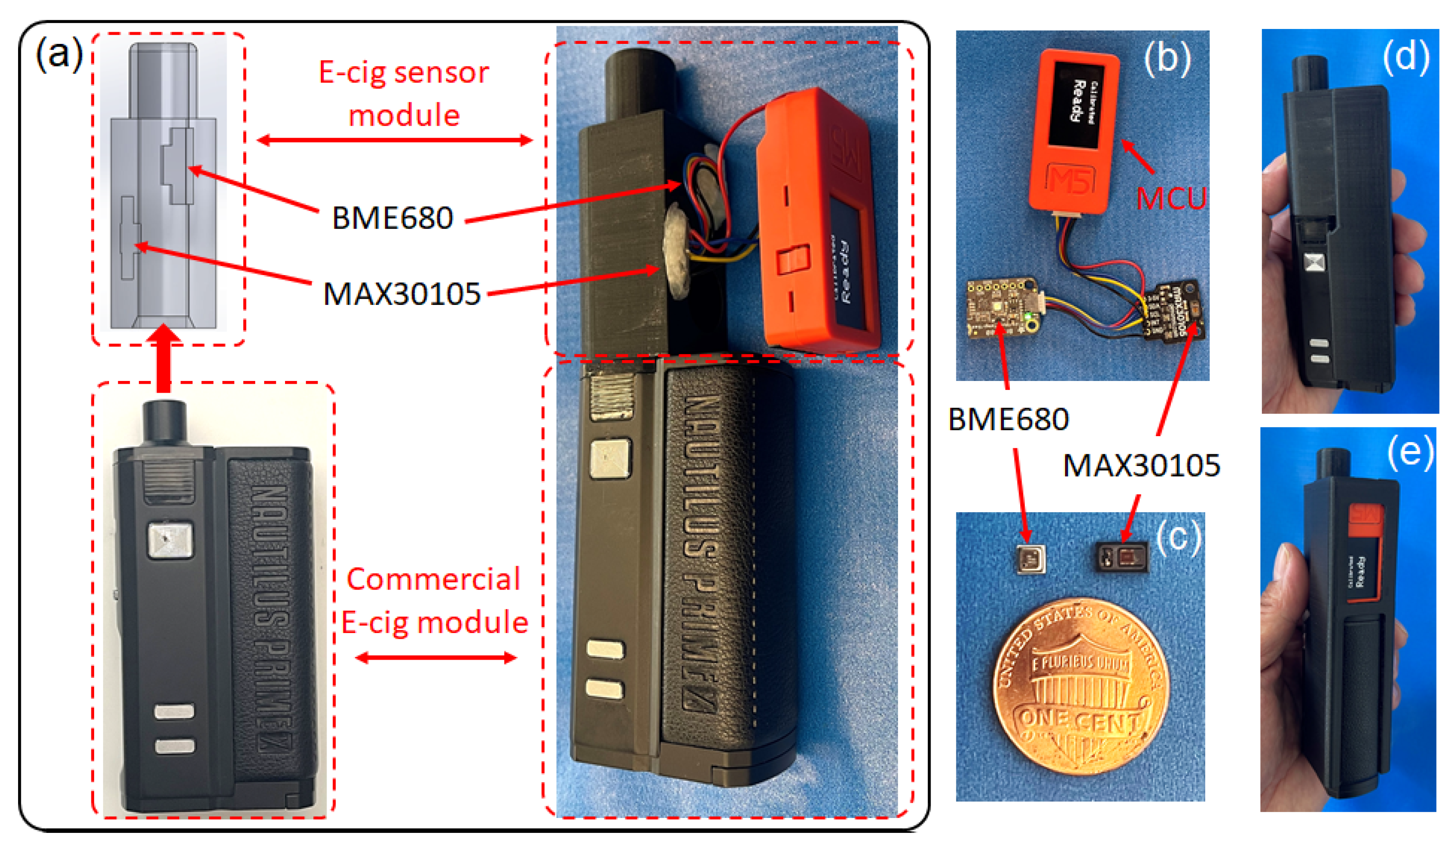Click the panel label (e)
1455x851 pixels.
(1409, 452)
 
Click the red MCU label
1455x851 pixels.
(1170, 199)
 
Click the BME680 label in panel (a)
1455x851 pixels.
(392, 218)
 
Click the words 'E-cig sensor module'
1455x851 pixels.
(404, 94)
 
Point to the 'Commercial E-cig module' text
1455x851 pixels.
(434, 600)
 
